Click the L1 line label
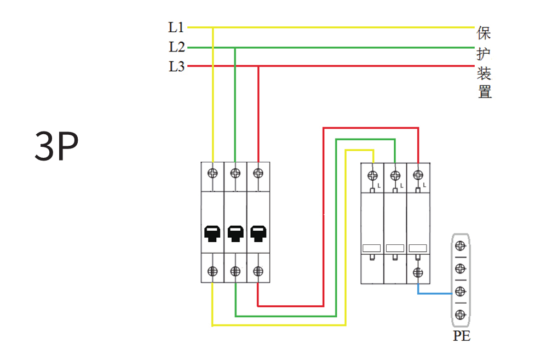pyautogui.click(x=176, y=27)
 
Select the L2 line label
pyautogui.click(x=176, y=47)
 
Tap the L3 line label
pyautogui.click(x=176, y=67)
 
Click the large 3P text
pyautogui.click(x=56, y=147)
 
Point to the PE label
pyautogui.click(x=462, y=336)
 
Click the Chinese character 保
pyautogui.click(x=484, y=33)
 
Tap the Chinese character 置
pyautogui.click(x=484, y=92)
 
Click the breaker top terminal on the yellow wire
pyautogui.click(x=213, y=173)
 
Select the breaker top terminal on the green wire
pyautogui.click(x=235, y=173)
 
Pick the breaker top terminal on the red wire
pyautogui.click(x=258, y=173)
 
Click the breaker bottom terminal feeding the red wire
pyautogui.click(x=258, y=271)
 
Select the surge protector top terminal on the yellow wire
pyautogui.click(x=372, y=176)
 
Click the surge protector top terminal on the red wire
pyautogui.click(x=418, y=176)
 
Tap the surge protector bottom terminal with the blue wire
pyautogui.click(x=418, y=272)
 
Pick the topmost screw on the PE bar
pyautogui.click(x=461, y=244)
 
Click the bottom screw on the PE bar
pyautogui.click(x=461, y=315)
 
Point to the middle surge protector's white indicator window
pyautogui.click(x=395, y=248)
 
